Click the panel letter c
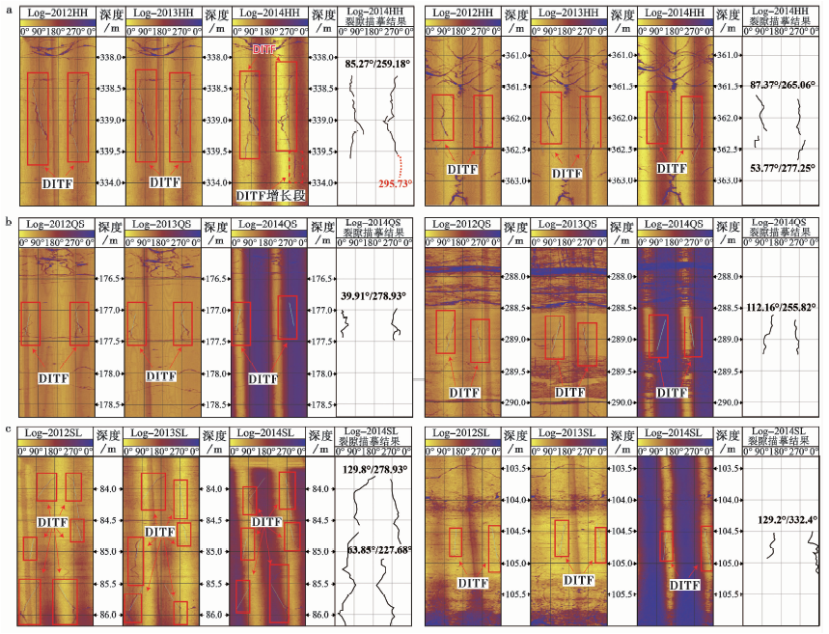8,428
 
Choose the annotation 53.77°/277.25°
781,167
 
